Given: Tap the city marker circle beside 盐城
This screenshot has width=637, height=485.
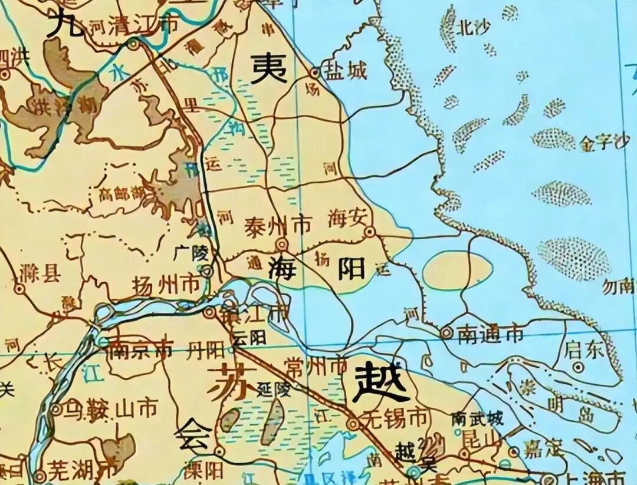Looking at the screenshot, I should (x=315, y=73).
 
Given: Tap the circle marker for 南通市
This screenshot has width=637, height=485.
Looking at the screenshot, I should (x=446, y=333).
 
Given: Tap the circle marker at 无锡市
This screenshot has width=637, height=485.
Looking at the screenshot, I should (x=353, y=423).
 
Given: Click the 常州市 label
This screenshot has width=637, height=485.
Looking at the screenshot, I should (x=316, y=367).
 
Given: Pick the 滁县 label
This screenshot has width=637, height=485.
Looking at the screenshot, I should (x=40, y=274).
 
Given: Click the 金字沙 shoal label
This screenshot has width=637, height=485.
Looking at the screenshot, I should (x=603, y=143).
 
